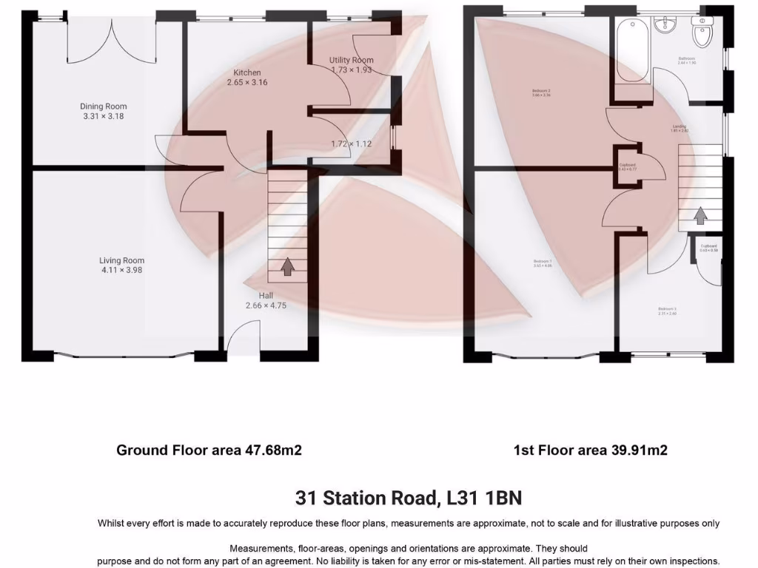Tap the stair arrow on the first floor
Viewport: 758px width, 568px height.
pyautogui.click(x=700, y=215)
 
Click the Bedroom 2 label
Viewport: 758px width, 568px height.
pyautogui.click(x=541, y=92)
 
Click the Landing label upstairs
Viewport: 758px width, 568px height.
pyautogui.click(x=680, y=126)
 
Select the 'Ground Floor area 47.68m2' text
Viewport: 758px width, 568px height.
pyautogui.click(x=209, y=450)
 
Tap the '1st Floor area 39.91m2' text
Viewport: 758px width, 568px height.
pyautogui.click(x=591, y=450)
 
